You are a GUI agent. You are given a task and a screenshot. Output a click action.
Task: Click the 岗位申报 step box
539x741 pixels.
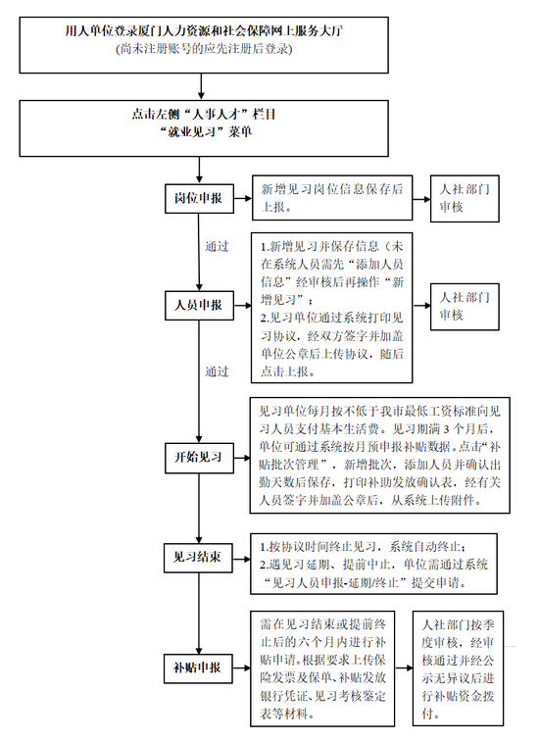(x=199, y=198)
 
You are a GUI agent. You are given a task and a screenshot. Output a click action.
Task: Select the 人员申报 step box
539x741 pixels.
(x=199, y=305)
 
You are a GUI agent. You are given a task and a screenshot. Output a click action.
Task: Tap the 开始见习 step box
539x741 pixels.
(x=199, y=458)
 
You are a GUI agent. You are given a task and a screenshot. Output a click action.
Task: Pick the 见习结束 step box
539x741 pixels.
(x=198, y=558)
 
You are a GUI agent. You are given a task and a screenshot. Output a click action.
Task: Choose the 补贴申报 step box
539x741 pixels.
(x=198, y=668)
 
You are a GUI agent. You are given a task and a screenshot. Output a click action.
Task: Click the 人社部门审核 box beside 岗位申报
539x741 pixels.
(x=465, y=198)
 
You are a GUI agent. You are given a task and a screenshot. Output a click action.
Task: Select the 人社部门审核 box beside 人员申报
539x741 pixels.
(x=465, y=307)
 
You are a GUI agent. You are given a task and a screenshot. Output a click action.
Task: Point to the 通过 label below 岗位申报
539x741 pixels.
(x=217, y=247)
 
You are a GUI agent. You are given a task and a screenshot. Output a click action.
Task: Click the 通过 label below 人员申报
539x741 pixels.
(x=217, y=371)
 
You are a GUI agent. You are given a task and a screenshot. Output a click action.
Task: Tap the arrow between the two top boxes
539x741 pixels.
(x=202, y=86)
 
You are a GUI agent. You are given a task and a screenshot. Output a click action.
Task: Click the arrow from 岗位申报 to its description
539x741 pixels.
(x=243, y=198)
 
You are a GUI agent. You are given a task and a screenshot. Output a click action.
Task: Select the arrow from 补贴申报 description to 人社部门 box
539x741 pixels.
(x=404, y=668)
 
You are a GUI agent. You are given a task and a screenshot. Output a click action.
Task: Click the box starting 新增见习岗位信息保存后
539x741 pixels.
(x=332, y=198)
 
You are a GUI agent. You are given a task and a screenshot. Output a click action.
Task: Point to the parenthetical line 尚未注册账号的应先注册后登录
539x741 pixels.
(x=204, y=49)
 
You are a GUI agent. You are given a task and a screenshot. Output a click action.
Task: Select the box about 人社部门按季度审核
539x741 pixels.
(x=458, y=668)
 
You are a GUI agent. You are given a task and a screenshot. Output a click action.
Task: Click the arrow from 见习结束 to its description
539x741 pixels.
(x=241, y=560)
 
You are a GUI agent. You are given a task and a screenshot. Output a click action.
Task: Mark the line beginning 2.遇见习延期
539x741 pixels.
(x=373, y=566)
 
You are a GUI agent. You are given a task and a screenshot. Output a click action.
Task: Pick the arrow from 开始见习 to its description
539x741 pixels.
(x=242, y=458)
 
